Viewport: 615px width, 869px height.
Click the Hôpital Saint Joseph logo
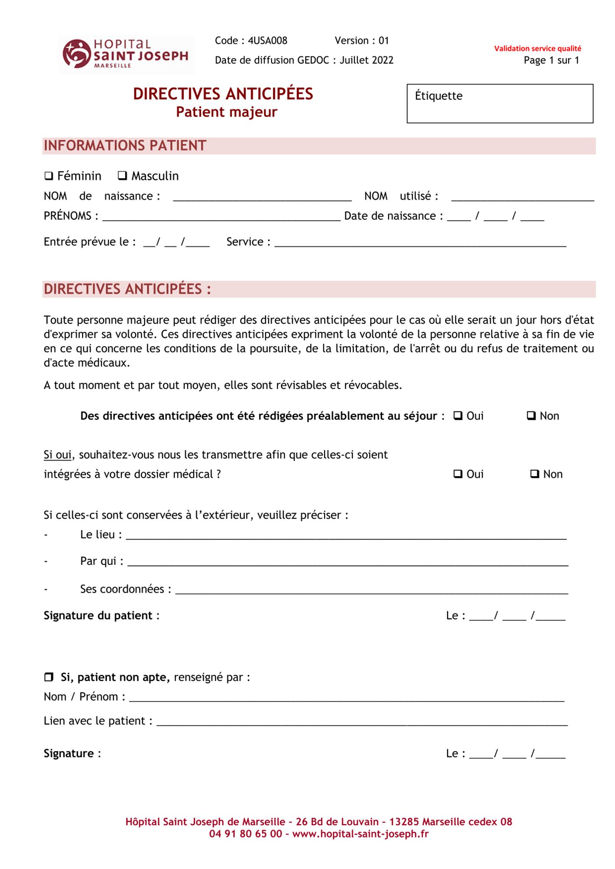[x=126, y=54]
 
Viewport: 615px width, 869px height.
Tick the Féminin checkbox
[x=49, y=176]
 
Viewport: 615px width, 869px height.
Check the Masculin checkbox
[x=123, y=176]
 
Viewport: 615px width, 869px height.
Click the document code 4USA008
[x=267, y=41]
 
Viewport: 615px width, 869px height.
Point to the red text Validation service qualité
[x=537, y=49]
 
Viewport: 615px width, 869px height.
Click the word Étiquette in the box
[x=439, y=96]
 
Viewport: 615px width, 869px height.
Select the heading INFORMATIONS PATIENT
[x=125, y=146]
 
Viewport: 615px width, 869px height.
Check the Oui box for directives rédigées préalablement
[x=458, y=416]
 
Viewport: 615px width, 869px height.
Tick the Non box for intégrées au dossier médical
[x=535, y=474]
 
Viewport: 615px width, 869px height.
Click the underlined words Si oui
[x=57, y=455]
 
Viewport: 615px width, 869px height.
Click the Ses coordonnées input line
[x=372, y=590]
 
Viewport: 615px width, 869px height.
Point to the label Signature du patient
[x=101, y=616]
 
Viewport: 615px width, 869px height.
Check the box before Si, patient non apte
[x=49, y=677]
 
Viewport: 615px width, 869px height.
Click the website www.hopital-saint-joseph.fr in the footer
[x=360, y=834]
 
